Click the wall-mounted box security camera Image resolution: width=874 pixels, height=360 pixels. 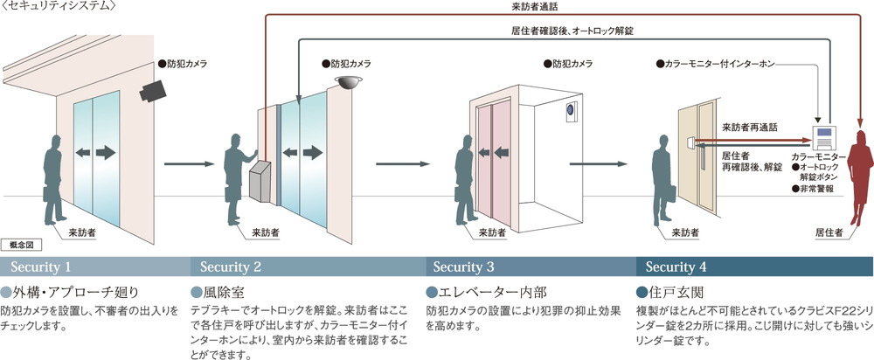(156, 87)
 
